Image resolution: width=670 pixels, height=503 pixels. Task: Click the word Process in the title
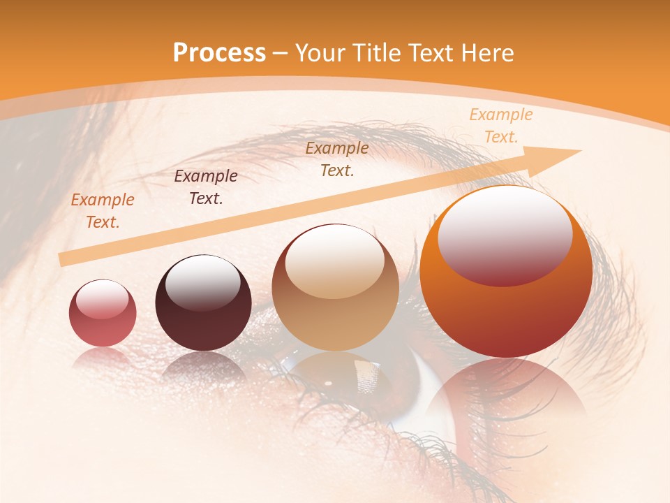[219, 52]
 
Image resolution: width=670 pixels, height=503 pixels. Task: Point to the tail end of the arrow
[63, 260]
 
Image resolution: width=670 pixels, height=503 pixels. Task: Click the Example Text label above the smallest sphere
[103, 211]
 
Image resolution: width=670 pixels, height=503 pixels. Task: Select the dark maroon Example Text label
[206, 187]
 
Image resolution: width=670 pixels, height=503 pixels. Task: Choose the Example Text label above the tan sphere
[337, 159]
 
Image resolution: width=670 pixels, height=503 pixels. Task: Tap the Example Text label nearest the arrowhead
[500, 126]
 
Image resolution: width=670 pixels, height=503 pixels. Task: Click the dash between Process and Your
[281, 53]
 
